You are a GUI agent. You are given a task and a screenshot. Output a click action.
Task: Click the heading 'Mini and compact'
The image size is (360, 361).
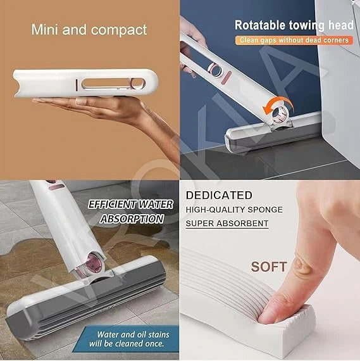tap(89, 30)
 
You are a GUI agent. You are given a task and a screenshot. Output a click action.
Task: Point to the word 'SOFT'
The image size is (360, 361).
tap(269, 266)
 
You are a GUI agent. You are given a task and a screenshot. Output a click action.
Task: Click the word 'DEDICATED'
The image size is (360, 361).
tap(219, 195)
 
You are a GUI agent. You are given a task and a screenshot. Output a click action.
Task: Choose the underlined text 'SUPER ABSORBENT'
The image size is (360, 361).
tap(227, 224)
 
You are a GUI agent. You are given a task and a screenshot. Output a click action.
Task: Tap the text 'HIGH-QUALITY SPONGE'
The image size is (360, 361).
tap(234, 210)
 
